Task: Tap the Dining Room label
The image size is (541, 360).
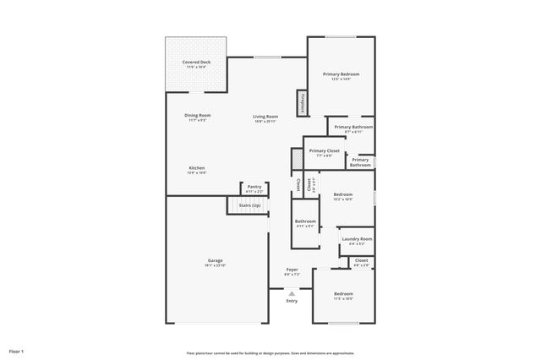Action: pyautogui.click(x=198, y=117)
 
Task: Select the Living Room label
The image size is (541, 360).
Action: pyautogui.click(x=265, y=117)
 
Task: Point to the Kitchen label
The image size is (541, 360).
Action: pyautogui.click(x=197, y=169)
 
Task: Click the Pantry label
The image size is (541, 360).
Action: pyautogui.click(x=254, y=188)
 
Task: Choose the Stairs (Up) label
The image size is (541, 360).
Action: pyautogui.click(x=250, y=205)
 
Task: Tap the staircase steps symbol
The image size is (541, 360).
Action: pyautogui.click(x=233, y=205)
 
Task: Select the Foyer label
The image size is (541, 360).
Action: pyautogui.click(x=292, y=271)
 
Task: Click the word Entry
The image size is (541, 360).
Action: pyautogui.click(x=292, y=301)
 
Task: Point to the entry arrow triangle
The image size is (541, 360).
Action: pyautogui.click(x=292, y=292)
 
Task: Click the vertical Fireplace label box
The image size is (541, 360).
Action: pyautogui.click(x=300, y=102)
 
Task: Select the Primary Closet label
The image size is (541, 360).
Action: pyautogui.click(x=324, y=152)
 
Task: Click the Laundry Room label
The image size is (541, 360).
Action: pyautogui.click(x=356, y=241)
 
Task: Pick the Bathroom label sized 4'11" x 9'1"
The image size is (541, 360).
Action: pyautogui.click(x=305, y=223)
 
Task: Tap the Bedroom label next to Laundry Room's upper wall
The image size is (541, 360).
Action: pyautogui.click(x=342, y=196)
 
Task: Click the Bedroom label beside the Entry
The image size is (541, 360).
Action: pyautogui.click(x=342, y=296)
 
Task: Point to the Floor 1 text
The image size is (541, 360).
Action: pyautogui.click(x=17, y=351)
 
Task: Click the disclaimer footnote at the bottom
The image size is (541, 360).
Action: pyautogui.click(x=270, y=353)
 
